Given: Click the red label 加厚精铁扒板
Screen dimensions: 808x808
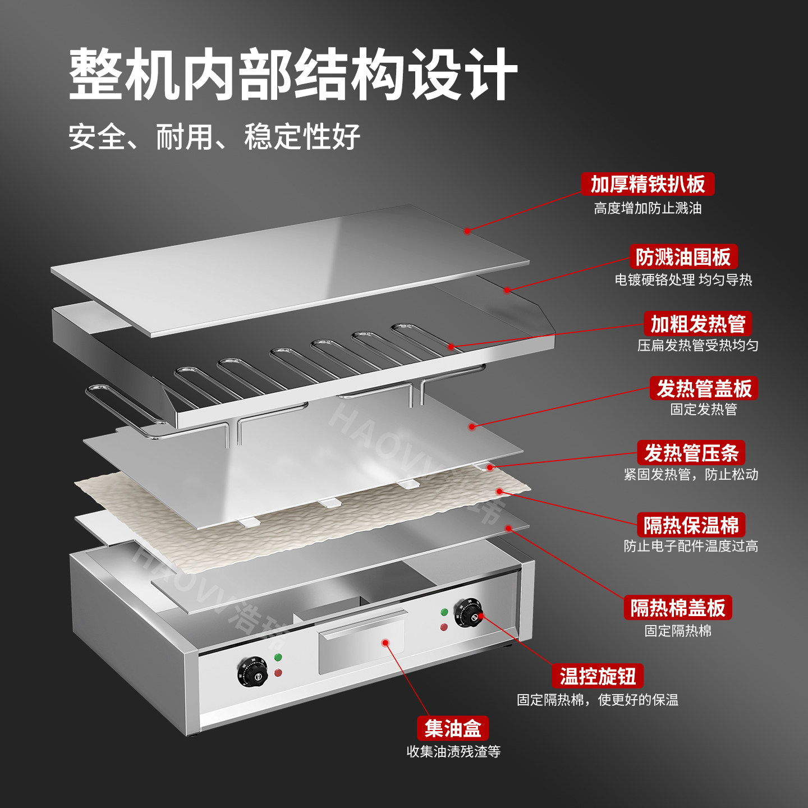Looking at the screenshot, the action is click(648, 184).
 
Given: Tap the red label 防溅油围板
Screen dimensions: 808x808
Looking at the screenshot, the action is click(683, 256).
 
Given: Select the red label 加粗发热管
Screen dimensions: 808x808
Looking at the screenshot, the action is click(697, 323).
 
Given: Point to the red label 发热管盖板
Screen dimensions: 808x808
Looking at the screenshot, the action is click(704, 388).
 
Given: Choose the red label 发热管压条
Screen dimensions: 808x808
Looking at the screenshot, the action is click(691, 452).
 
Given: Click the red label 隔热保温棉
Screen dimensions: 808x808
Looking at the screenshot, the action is click(691, 525).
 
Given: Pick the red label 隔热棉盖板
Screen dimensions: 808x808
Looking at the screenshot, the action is click(678, 607).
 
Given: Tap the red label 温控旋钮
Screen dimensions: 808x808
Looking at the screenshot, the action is click(597, 676).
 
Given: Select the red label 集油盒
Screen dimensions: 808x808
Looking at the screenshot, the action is click(452, 728).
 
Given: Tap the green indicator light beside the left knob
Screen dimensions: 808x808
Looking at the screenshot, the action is click(278, 657).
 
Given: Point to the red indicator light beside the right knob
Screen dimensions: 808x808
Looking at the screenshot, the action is click(444, 627).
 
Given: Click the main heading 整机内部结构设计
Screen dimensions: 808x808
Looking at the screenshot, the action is click(293, 74).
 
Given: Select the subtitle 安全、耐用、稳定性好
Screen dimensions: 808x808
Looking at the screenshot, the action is click(214, 136).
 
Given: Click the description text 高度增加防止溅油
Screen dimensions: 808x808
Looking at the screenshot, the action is click(648, 208).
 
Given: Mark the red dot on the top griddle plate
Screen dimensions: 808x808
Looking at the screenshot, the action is click(467, 231).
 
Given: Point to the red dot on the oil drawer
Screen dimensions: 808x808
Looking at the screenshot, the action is click(385, 643).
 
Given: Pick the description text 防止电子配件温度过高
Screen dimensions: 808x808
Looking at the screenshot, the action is click(691, 546).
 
